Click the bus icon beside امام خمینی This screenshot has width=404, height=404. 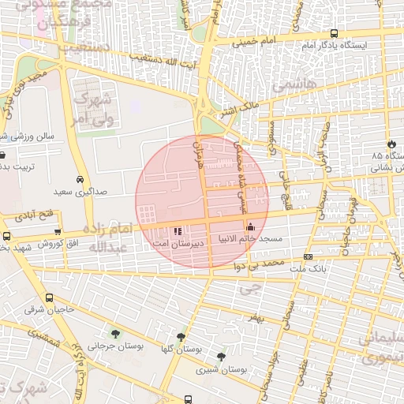(335, 34)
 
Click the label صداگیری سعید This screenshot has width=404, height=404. (80, 192)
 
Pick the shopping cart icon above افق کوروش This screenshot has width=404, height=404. (58, 232)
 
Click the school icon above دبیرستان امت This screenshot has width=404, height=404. (178, 231)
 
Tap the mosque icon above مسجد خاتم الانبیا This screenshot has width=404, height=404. (251, 228)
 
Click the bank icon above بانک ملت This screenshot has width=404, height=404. (307, 256)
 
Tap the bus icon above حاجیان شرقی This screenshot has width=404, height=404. (50, 298)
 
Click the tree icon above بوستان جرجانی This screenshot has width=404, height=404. (116, 334)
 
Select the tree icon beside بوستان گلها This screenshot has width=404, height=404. (181, 337)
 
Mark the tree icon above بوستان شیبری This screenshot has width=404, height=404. (221, 357)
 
